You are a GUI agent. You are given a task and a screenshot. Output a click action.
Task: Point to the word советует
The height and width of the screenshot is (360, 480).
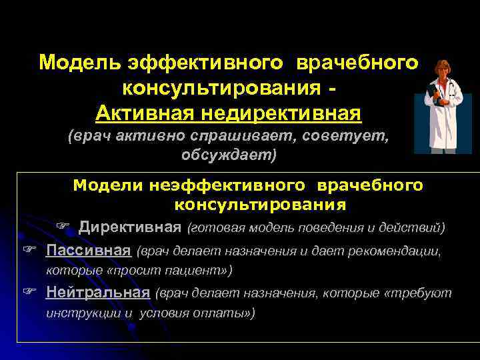coord(346,137)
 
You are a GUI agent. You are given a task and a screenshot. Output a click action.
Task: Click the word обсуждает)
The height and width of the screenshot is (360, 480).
coord(227,155)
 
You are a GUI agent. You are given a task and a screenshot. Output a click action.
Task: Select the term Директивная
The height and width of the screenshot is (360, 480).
coord(130,228)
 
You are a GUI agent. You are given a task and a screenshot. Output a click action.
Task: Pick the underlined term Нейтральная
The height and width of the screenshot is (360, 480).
coord(97,293)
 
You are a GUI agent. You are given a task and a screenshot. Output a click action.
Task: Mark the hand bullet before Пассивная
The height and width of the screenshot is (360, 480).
coord(28,251)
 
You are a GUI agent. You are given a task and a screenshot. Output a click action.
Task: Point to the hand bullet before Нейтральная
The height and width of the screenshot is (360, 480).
coord(28,293)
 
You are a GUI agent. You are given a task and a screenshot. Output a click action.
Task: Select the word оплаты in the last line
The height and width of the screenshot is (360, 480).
coord(227,313)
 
